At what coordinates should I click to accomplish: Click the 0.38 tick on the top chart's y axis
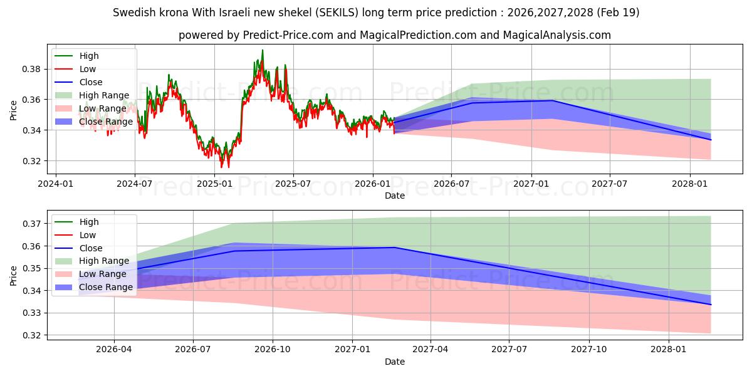coord(31,70)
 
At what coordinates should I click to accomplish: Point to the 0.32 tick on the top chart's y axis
coord(31,161)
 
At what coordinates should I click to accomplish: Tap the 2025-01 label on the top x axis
coord(214,184)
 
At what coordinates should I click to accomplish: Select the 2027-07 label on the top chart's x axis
coord(609,184)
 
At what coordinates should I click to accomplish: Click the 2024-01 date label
coord(56,184)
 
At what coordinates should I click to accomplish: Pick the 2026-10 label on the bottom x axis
coord(273,350)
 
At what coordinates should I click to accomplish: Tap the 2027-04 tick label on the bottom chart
coord(431,350)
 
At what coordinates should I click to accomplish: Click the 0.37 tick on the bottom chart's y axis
coord(31,224)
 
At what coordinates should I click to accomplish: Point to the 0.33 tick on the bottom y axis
coord(31,313)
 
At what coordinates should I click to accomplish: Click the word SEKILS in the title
coord(336,13)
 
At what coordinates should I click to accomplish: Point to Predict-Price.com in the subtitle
coord(288,35)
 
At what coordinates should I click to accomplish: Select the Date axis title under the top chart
coord(395,196)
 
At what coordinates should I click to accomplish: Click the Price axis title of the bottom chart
coord(13,276)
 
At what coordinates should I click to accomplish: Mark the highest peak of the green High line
coord(263,50)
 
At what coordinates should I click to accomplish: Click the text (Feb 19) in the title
coord(618,13)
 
